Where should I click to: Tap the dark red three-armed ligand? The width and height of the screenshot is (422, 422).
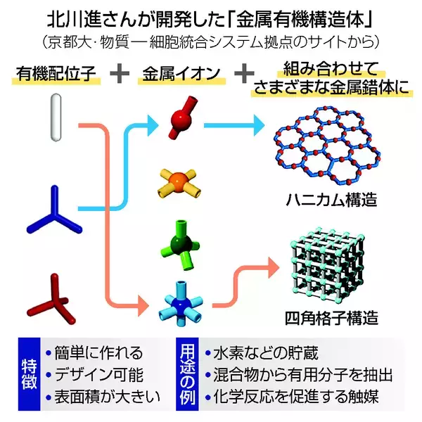(x=52, y=295)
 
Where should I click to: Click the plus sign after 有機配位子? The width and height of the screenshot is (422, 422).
(x=119, y=72)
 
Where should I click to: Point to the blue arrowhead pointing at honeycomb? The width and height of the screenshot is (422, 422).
(x=264, y=127)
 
